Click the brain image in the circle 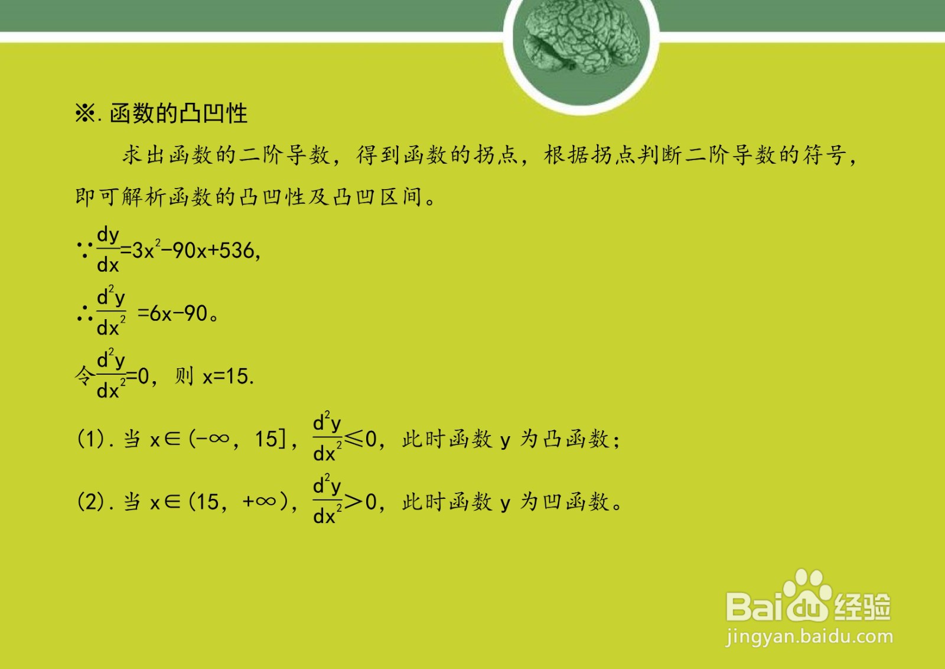click(581, 37)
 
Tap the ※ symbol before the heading click(85, 113)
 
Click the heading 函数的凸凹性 click(178, 113)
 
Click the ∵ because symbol click(85, 250)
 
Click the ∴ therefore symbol click(85, 313)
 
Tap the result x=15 click(228, 376)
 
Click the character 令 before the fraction click(84, 376)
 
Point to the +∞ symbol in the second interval click(259, 502)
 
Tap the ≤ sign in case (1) click(354, 439)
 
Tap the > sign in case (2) click(354, 502)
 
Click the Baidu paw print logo click(807, 596)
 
